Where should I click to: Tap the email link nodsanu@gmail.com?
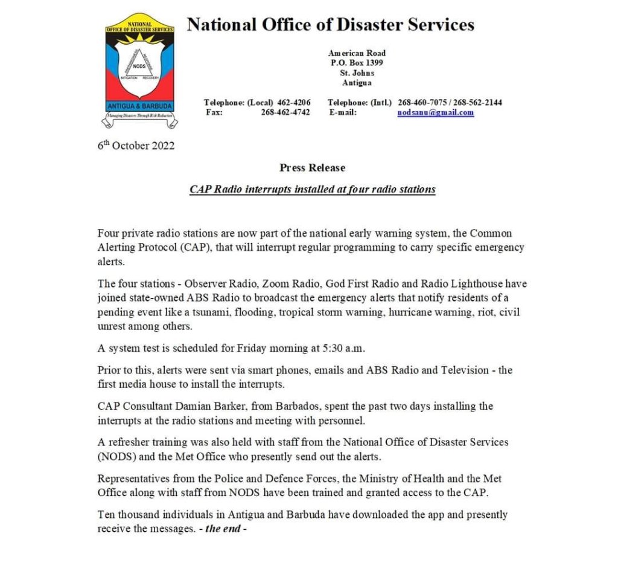coord(435,112)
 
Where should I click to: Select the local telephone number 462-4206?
coord(294,102)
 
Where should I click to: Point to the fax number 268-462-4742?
coord(285,112)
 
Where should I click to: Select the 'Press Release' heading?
coord(312,167)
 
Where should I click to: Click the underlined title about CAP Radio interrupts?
coord(312,189)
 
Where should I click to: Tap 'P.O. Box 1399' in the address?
coord(357,62)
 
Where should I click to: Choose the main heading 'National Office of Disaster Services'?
coord(330,25)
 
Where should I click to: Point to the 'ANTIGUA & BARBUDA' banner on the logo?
coord(139,106)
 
